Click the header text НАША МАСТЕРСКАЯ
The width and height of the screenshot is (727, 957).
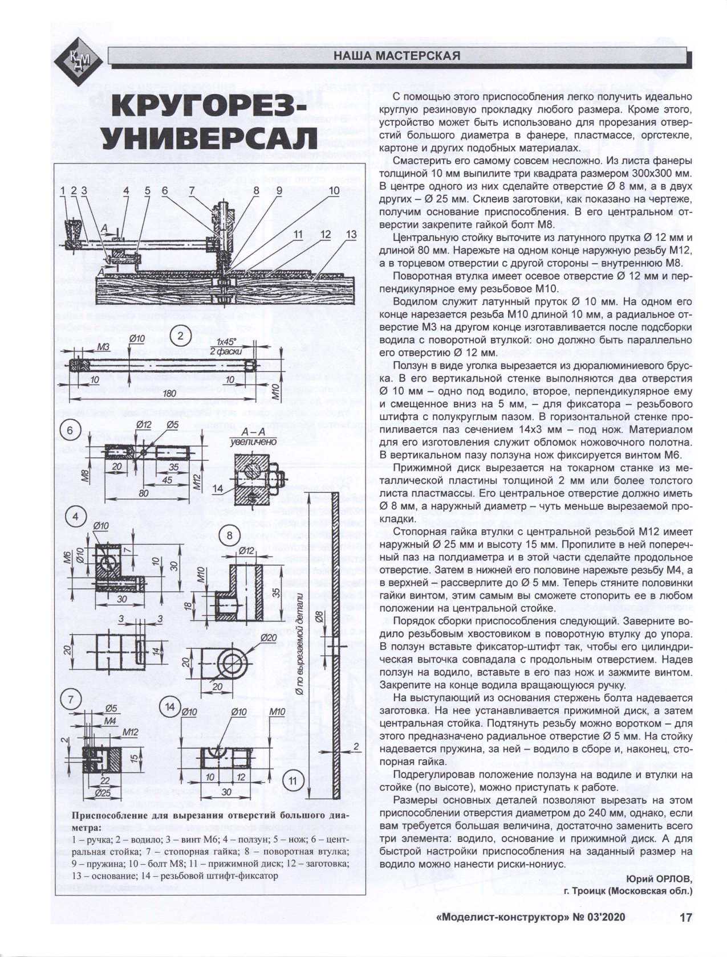pos(396,56)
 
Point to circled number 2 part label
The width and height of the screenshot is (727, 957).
pos(180,335)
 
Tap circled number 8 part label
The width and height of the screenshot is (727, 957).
pos(229,535)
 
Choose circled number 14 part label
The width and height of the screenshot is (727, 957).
pos(169,707)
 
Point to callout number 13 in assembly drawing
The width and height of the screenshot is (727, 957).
pos(350,234)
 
